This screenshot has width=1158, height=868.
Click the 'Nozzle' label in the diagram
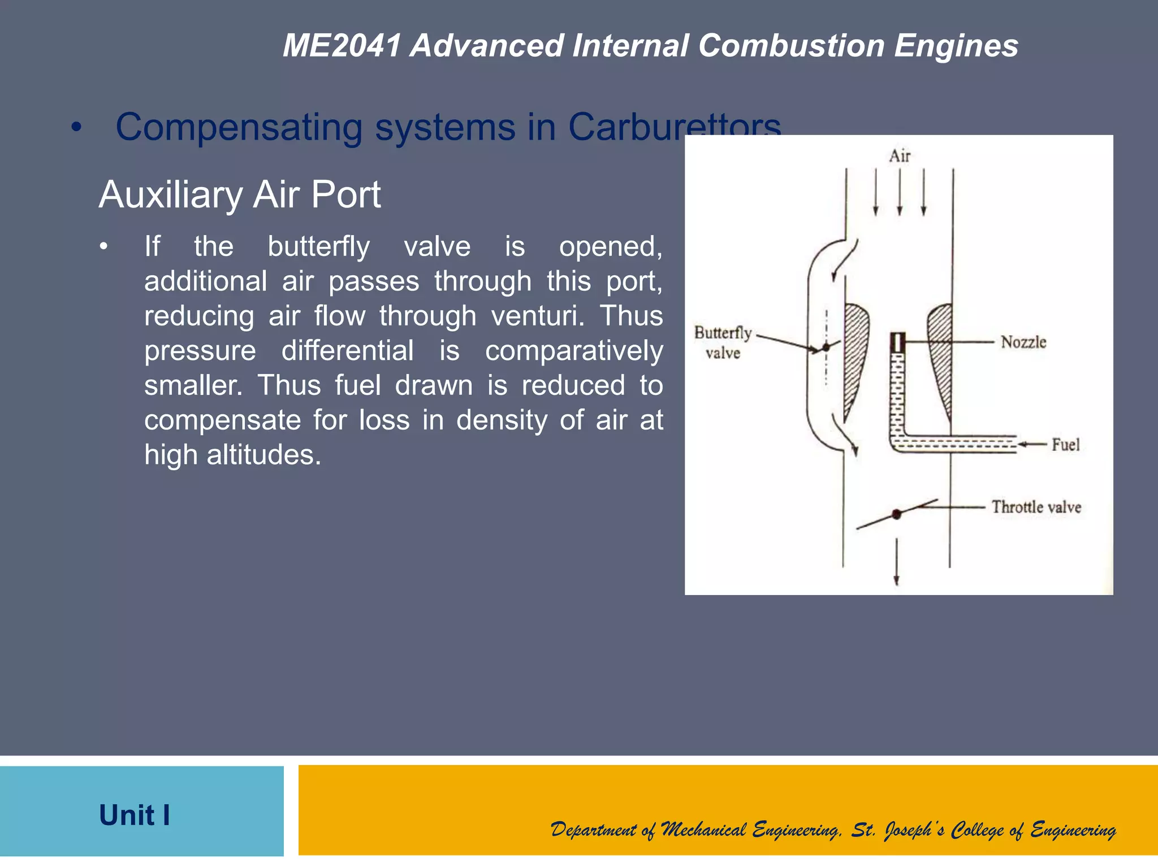tap(1023, 342)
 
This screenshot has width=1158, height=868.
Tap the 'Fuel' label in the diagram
tap(1065, 445)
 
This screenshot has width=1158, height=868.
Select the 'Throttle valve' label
tap(1036, 507)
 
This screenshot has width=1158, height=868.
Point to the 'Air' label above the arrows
tap(900, 156)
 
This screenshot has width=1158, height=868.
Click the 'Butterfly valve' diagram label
tap(723, 342)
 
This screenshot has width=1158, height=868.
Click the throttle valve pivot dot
tap(896, 514)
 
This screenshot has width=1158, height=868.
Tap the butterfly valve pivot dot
tap(826, 347)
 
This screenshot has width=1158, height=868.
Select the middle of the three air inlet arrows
tap(900, 192)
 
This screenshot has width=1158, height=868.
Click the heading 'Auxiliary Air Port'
tap(240, 195)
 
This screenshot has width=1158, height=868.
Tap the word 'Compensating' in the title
tap(239, 127)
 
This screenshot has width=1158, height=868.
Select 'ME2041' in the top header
tap(342, 45)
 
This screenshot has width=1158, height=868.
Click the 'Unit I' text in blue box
tap(135, 815)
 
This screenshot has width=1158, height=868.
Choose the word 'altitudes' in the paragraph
tap(263, 455)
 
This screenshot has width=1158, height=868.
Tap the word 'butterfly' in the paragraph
tap(319, 246)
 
